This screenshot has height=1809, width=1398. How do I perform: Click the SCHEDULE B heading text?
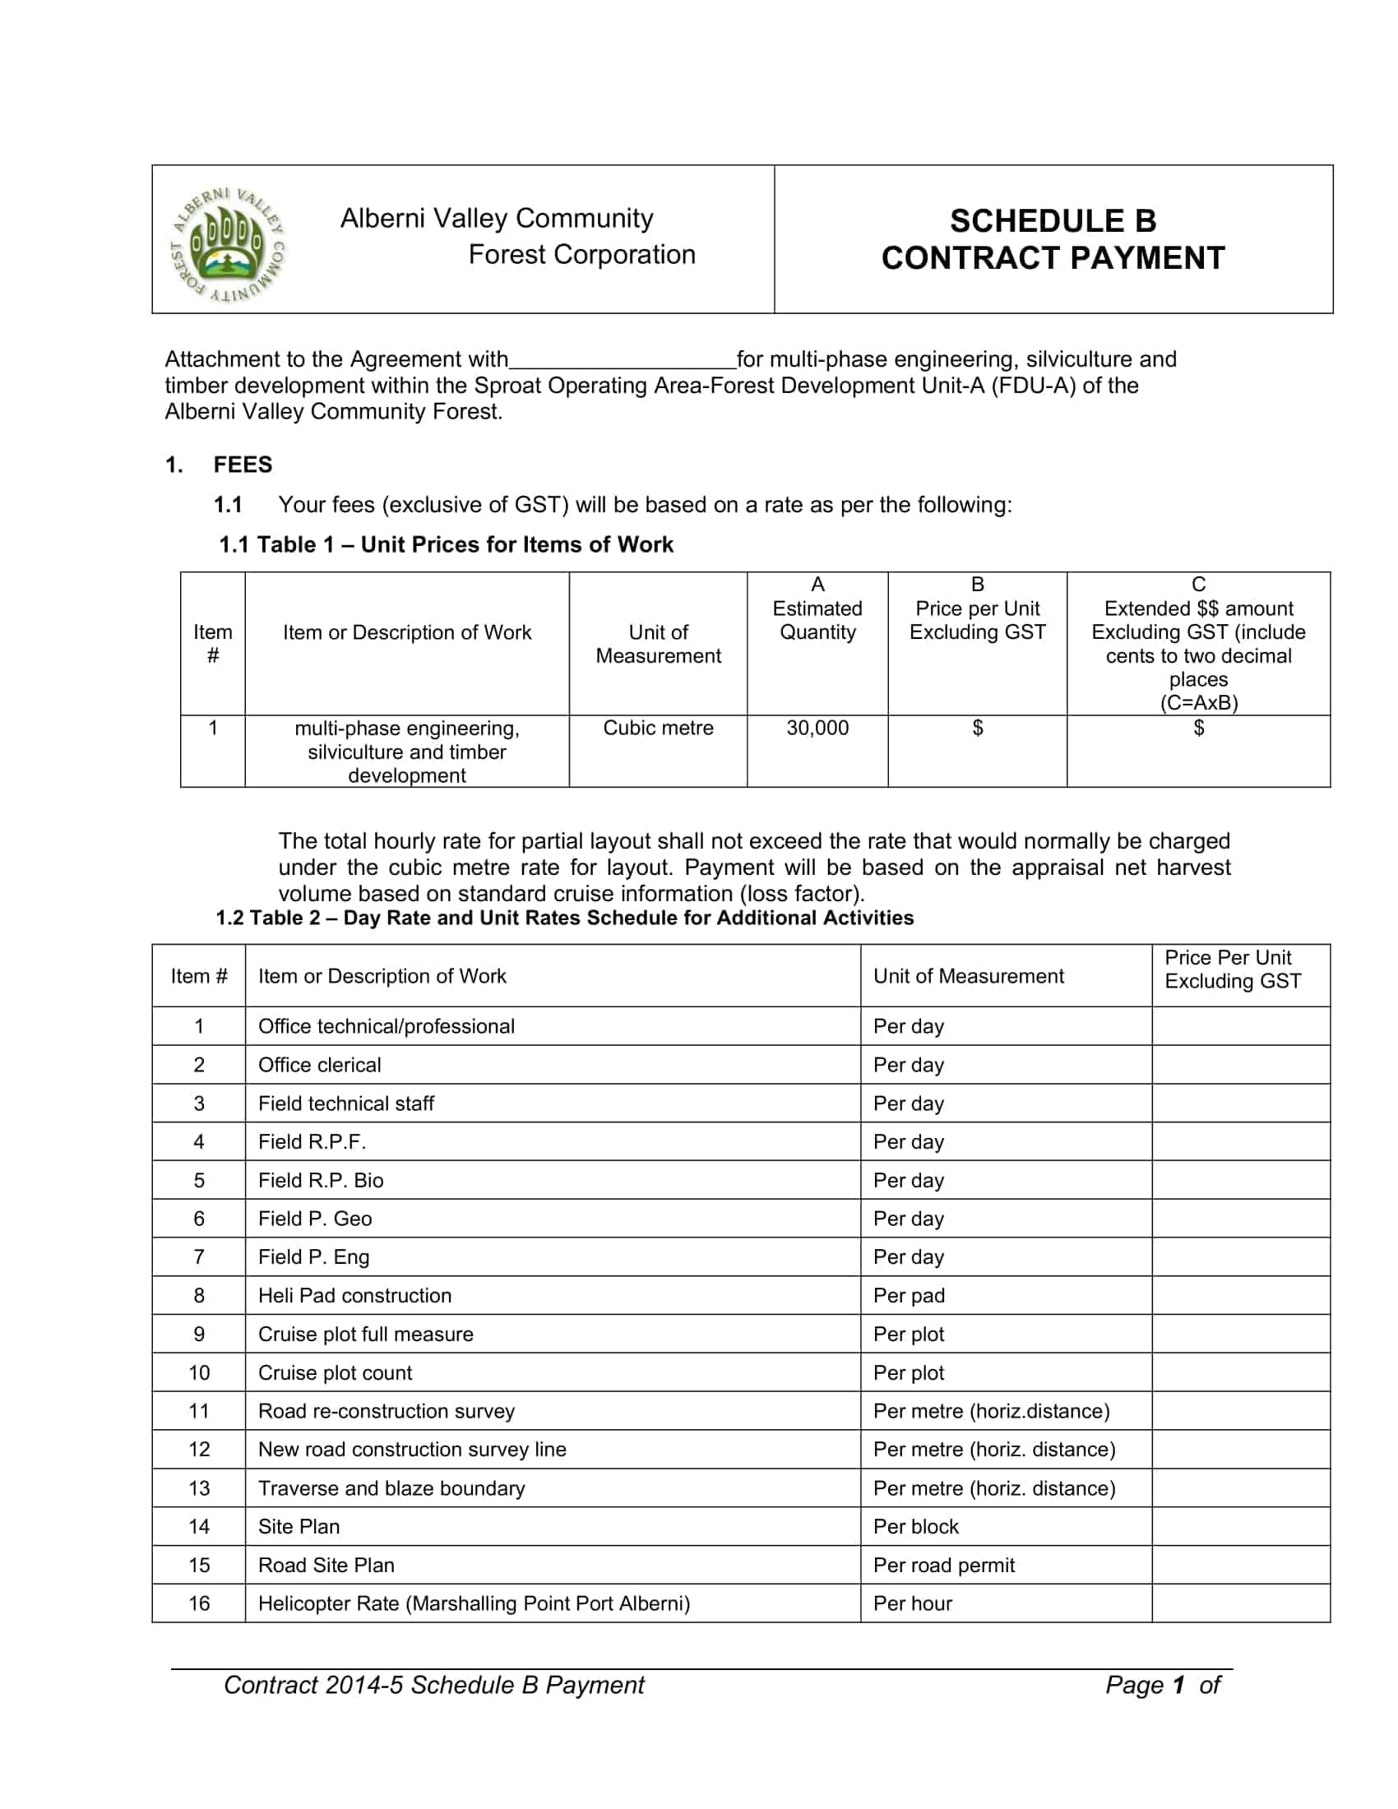(1052, 221)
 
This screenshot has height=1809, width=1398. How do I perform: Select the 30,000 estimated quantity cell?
(817, 728)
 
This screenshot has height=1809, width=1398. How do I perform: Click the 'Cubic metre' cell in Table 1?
(658, 728)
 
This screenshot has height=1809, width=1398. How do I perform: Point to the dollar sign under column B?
(977, 728)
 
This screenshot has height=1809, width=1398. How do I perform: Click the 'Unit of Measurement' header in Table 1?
(658, 644)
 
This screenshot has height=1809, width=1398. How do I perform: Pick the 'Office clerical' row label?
(320, 1064)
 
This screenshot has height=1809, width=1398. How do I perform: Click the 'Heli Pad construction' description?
(354, 1294)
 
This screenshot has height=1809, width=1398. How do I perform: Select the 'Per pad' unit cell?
(909, 1294)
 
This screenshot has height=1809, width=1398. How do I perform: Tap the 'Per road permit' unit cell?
(943, 1565)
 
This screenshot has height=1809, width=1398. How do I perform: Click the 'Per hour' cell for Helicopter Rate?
(912, 1603)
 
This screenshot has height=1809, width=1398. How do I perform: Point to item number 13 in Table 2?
(199, 1487)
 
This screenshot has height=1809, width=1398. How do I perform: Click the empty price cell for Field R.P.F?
(1240, 1141)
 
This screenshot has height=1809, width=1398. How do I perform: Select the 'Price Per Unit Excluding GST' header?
(1232, 969)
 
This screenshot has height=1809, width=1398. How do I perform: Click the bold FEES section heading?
(243, 465)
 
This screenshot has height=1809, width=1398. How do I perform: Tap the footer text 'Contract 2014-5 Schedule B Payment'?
(434, 1685)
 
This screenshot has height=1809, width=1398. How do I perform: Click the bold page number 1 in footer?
(1178, 1685)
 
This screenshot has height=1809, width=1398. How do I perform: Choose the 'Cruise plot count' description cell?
(335, 1372)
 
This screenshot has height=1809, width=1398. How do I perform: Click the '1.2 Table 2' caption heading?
(564, 918)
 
